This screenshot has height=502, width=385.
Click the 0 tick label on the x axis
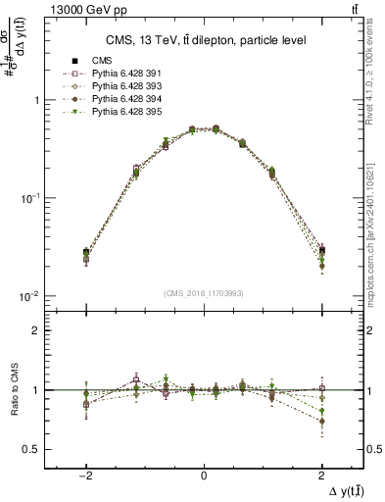[203, 471]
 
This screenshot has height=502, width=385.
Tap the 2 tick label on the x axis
[321, 471]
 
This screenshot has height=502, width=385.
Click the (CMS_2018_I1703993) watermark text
[203, 292]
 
